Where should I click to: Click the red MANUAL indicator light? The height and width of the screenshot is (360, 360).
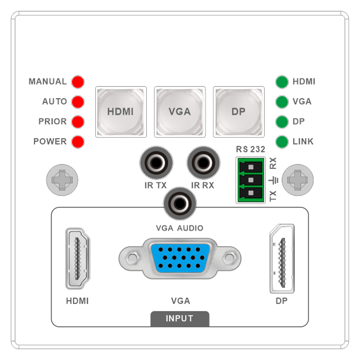[x=78, y=82]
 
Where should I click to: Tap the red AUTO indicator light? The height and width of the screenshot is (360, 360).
[x=78, y=102]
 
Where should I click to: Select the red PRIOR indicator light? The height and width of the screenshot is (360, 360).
[x=78, y=121]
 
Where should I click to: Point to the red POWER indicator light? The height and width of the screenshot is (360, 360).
[x=78, y=141]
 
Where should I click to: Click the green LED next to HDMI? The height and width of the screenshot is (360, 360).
[x=282, y=82]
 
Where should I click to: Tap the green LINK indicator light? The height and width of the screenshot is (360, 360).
[x=282, y=142]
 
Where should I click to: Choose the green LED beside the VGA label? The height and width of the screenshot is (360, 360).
[x=282, y=102]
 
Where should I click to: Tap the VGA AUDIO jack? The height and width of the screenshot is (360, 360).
[x=180, y=203]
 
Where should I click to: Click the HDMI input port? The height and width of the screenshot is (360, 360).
[x=77, y=259]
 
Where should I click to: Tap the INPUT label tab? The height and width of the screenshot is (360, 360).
[x=180, y=319]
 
